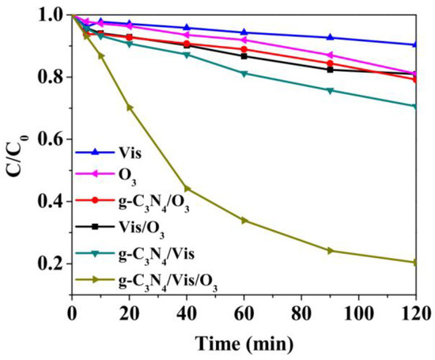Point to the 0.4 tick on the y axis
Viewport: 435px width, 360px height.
(51, 201)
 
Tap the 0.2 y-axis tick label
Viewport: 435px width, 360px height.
(51, 263)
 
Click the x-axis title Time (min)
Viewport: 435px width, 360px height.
(244, 343)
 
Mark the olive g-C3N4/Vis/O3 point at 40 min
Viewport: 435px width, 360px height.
(187, 188)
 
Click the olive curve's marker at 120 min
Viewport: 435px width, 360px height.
(415, 262)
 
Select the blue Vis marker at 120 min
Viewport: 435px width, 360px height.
(415, 44)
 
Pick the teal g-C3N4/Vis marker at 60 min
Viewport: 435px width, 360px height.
(244, 74)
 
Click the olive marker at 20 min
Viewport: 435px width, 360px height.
(130, 108)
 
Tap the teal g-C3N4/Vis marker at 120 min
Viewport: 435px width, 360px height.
(415, 106)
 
